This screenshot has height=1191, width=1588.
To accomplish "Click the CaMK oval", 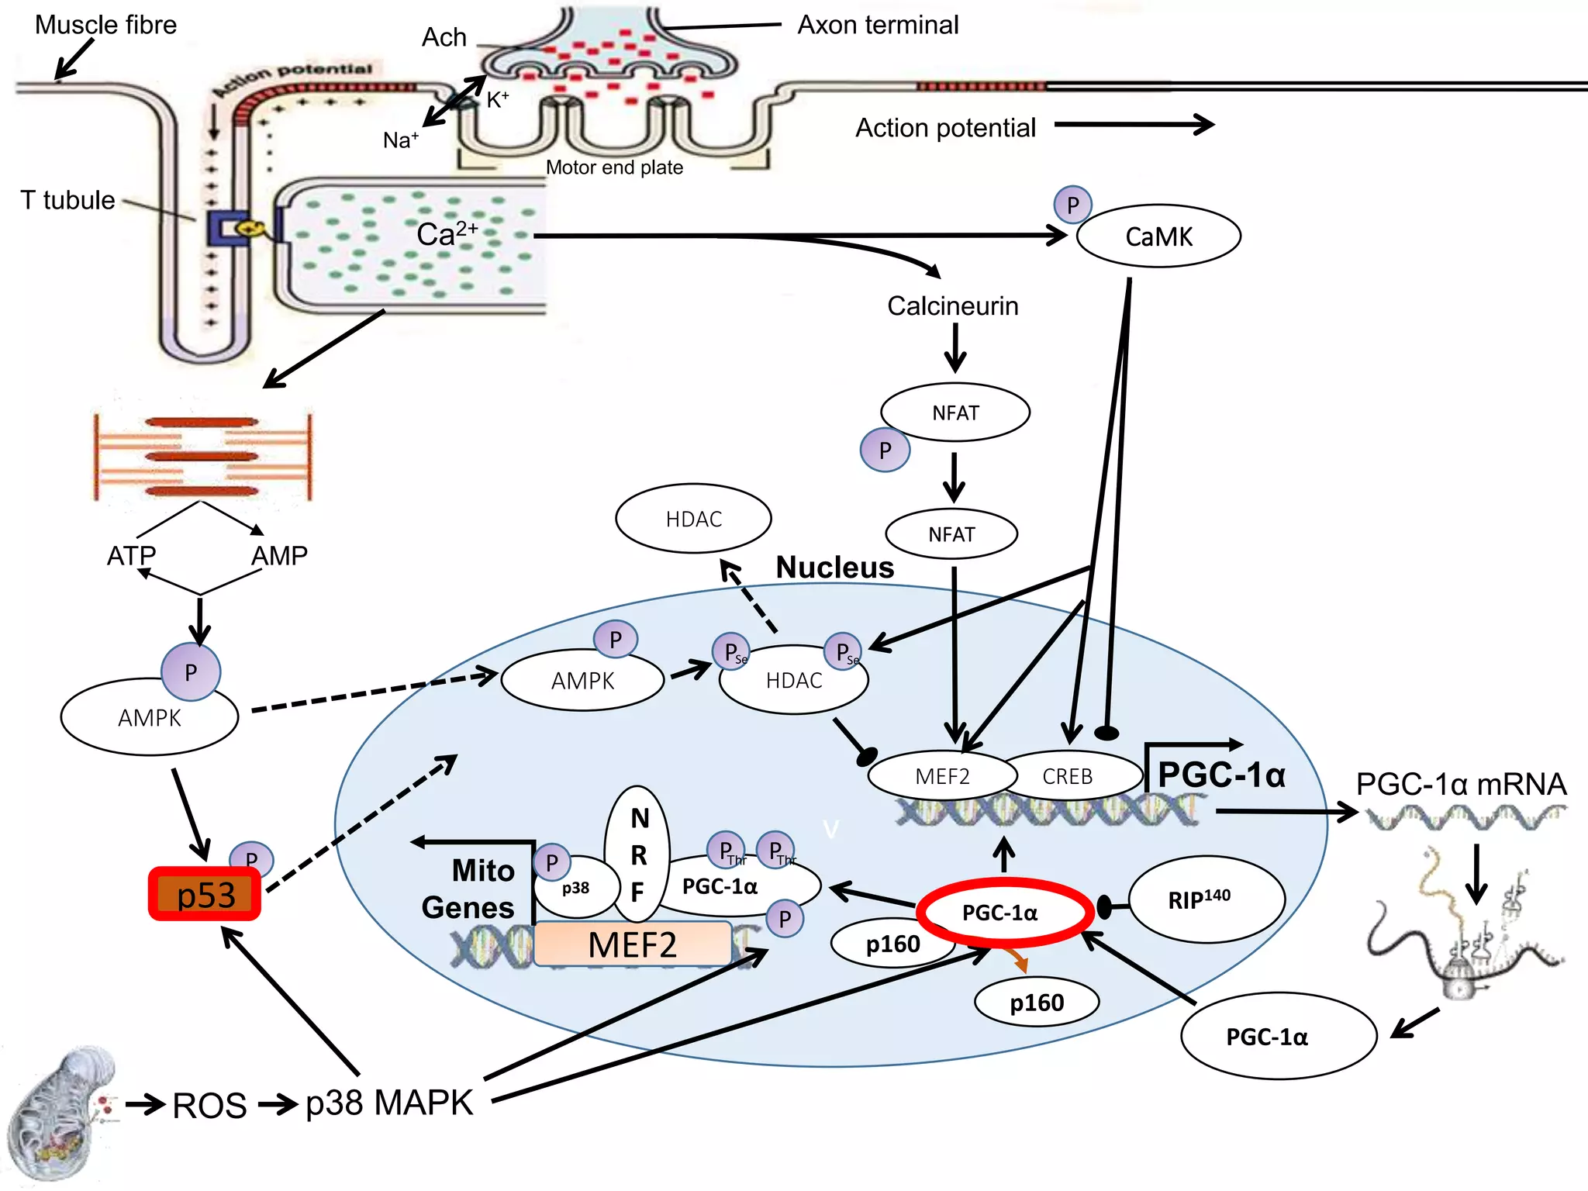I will coord(1158,236).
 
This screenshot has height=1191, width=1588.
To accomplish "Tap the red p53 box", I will coord(205,894).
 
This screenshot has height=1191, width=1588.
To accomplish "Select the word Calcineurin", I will coord(952,306).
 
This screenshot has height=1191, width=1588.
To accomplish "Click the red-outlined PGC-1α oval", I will coord(1004,913).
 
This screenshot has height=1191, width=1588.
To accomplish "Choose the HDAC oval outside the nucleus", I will coord(693,519).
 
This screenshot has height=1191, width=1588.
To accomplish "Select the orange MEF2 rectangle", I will coord(632,944).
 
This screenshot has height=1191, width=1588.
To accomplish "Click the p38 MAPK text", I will coord(389,1103).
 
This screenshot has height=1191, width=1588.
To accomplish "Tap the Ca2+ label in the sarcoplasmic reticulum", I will coord(446,233).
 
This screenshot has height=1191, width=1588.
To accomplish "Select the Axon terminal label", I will coord(878,25).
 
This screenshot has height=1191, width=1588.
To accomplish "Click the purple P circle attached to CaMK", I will coord(1072,205).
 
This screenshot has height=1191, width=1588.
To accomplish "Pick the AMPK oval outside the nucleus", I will coord(149,718).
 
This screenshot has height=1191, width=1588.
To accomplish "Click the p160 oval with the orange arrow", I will coord(1037,1003).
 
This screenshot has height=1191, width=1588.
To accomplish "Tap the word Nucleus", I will coord(835,568).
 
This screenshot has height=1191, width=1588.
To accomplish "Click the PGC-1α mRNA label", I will coord(1461,784).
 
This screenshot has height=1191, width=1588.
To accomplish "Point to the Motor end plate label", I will coord(614,167).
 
